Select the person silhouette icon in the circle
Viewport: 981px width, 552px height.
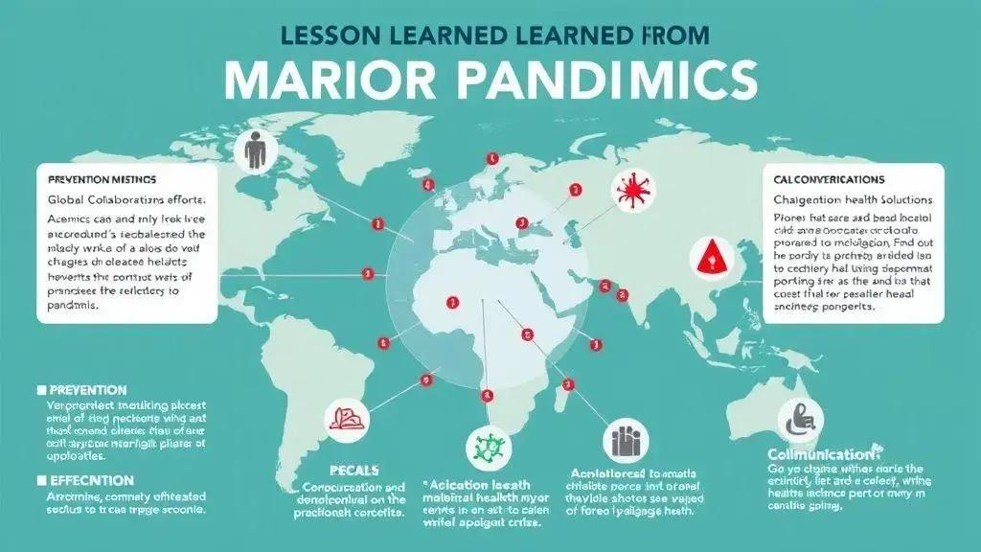point(255,152)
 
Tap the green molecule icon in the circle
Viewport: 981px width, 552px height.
point(489,445)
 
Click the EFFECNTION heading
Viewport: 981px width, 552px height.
point(87,480)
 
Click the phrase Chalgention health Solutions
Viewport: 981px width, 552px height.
point(853,199)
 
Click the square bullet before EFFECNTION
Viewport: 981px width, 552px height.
point(41,480)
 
